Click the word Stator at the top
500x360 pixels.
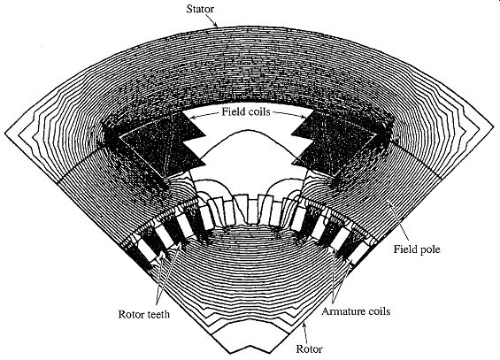200,9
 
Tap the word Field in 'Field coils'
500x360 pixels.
233,111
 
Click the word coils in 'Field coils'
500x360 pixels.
258,111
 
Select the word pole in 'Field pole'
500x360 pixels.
429,249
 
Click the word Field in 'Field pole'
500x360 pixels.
404,249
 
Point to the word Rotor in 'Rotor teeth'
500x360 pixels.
131,314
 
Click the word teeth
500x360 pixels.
158,314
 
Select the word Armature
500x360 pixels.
342,311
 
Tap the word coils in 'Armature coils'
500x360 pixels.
378,311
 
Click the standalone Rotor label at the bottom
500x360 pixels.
310,349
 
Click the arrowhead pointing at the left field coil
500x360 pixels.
192,118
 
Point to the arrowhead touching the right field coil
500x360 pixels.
303,117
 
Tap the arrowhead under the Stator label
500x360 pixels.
216,25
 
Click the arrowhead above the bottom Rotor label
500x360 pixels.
304,325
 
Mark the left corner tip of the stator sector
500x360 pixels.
5,131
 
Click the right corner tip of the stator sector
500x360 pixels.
494,130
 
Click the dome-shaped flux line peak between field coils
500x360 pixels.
247,130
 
